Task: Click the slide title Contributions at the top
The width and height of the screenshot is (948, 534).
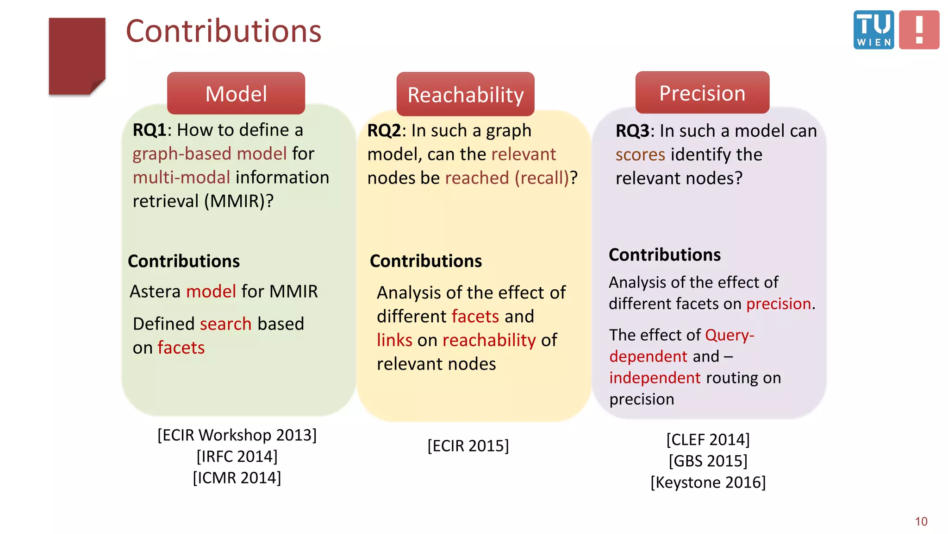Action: click(224, 32)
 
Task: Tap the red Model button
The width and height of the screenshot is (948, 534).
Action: click(236, 94)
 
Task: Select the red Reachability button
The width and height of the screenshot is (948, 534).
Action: click(465, 95)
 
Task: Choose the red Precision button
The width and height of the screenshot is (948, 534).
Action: click(702, 93)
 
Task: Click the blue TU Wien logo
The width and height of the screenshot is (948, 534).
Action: click(873, 30)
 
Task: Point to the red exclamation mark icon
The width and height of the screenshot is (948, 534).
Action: click(919, 30)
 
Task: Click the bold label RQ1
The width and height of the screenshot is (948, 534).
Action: click(149, 130)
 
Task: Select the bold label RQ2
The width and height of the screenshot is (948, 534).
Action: click(384, 131)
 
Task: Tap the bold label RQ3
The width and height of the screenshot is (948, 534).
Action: click(632, 131)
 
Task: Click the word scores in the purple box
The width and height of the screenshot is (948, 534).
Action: click(640, 154)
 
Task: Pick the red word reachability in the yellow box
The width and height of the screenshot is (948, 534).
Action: click(489, 340)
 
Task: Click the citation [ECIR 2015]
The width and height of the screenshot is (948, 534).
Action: click(468, 445)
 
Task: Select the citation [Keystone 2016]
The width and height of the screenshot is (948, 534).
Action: click(708, 483)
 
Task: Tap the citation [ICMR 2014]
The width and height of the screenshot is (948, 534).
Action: click(237, 478)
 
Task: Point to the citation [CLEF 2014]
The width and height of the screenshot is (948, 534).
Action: click(708, 439)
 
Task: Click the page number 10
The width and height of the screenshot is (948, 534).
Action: click(921, 521)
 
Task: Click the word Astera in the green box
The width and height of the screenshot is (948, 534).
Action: click(155, 292)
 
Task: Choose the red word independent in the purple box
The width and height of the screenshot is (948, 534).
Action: click(655, 378)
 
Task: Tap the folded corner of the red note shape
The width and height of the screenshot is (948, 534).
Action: click(98, 87)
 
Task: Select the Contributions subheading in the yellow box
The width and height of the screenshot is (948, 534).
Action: click(426, 261)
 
